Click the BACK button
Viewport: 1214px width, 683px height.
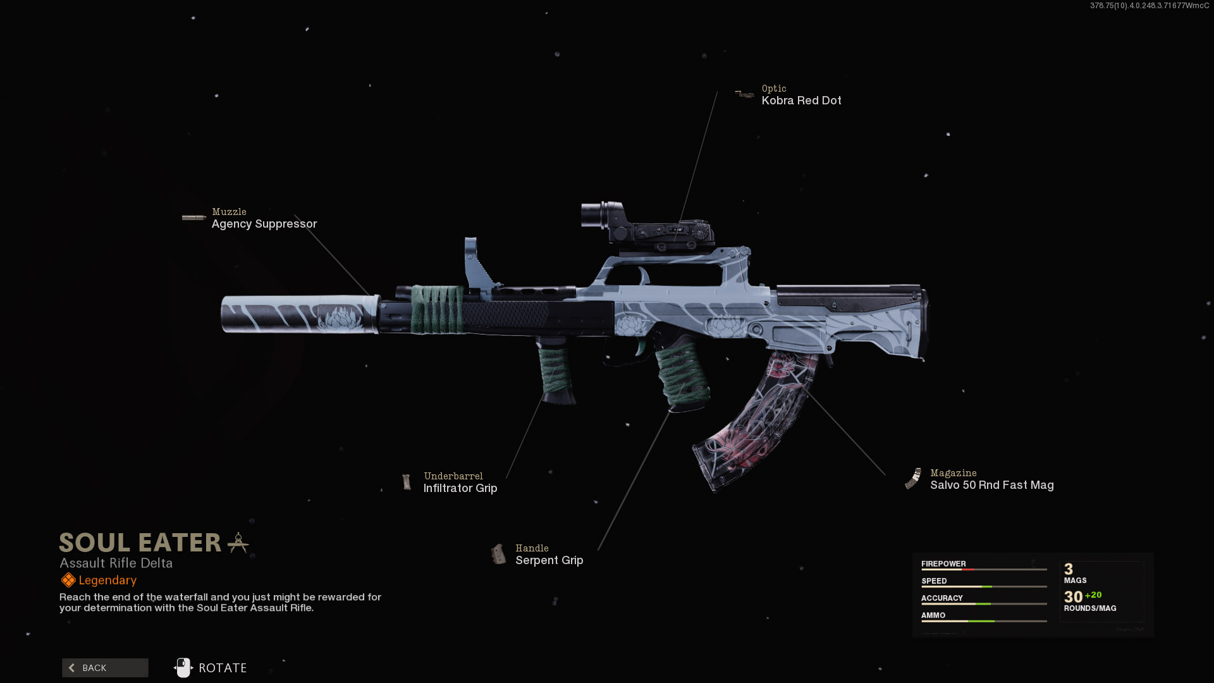point(105,668)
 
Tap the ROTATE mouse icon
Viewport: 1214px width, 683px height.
point(183,668)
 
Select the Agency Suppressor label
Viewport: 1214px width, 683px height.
point(264,224)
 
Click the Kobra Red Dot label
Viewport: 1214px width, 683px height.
point(801,101)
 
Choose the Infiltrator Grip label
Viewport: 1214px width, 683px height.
point(460,488)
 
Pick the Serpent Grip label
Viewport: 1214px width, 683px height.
point(549,560)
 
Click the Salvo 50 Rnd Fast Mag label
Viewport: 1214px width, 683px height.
point(991,485)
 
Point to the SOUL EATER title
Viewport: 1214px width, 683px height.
point(140,543)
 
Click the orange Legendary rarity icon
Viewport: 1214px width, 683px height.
point(68,580)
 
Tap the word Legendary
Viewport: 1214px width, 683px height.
point(107,580)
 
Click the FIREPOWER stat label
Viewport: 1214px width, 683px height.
point(943,563)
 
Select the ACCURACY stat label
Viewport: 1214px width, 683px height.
point(941,598)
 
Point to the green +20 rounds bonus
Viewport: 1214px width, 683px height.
point(1093,595)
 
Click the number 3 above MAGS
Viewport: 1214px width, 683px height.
point(1069,569)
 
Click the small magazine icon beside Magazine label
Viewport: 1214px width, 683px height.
point(913,479)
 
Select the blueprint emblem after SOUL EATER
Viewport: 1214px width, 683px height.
point(238,543)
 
